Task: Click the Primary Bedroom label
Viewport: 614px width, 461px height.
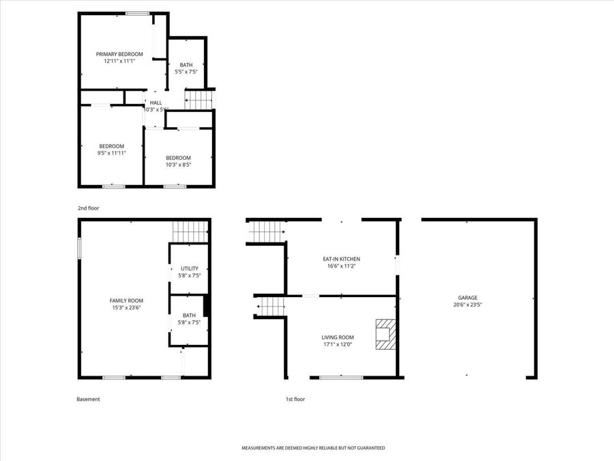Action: (119, 54)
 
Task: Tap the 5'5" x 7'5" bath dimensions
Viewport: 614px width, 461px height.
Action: (186, 72)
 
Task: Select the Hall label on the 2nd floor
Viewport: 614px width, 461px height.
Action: (156, 102)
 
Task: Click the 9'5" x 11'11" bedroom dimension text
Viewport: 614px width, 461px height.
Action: (112, 153)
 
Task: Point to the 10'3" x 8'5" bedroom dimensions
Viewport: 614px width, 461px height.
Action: (178, 164)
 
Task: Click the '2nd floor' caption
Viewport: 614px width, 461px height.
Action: (88, 208)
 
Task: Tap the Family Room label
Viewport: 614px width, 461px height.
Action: (126, 301)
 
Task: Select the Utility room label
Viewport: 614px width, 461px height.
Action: (190, 268)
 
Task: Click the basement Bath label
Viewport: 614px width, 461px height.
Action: (190, 316)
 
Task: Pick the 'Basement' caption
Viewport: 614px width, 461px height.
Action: (88, 400)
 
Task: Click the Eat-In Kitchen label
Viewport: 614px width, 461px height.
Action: (341, 259)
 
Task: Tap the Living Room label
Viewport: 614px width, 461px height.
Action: (338, 337)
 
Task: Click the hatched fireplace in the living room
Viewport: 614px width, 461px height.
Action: (385, 335)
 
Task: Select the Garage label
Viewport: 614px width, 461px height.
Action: (467, 297)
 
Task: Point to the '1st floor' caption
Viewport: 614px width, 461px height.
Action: (295, 400)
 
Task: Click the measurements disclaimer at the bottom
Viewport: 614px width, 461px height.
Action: (313, 448)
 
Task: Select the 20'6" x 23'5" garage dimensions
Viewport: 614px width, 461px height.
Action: (467, 305)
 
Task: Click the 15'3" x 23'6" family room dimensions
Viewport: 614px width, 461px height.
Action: (126, 308)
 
